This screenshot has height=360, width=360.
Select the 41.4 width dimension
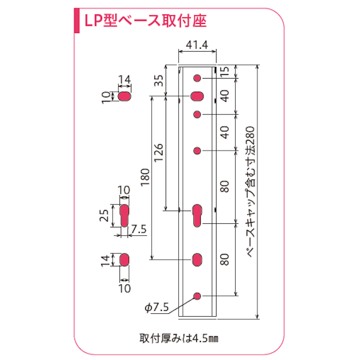197,44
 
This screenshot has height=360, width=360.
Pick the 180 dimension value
144,178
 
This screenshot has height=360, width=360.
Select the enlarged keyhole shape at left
124,214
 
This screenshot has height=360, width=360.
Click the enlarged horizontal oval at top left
125,96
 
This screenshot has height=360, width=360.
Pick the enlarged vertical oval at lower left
125,259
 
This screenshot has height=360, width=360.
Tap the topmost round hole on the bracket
197,78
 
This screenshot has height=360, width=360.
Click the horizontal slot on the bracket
197,96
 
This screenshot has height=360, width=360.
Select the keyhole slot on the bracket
197,215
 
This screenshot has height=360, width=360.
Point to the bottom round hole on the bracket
197,295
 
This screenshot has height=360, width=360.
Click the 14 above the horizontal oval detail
125,79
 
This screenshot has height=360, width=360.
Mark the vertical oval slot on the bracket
197,259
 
